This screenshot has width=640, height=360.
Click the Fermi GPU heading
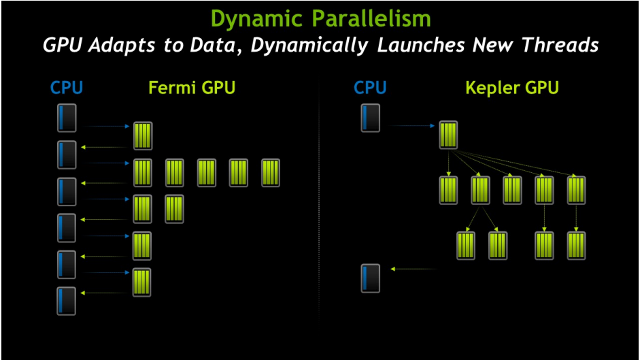(x=192, y=88)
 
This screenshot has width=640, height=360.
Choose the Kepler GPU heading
(x=511, y=88)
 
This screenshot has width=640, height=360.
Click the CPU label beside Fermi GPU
(x=67, y=88)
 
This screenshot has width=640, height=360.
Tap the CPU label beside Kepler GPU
(x=371, y=88)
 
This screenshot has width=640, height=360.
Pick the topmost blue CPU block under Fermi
(x=67, y=118)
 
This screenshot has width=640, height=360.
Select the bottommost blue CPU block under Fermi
(x=67, y=301)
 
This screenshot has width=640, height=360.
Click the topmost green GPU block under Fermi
(x=143, y=135)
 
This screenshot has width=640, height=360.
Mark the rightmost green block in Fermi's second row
(x=271, y=173)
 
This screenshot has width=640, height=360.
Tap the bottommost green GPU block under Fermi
(x=142, y=282)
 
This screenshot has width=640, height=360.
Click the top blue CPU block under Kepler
(x=371, y=118)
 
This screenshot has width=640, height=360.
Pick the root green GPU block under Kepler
(x=448, y=135)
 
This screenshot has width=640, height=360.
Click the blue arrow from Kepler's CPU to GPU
(x=412, y=126)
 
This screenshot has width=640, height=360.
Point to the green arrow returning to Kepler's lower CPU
(x=415, y=269)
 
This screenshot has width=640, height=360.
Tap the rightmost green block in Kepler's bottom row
(x=576, y=245)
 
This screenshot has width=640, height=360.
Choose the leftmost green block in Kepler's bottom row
(x=466, y=245)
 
